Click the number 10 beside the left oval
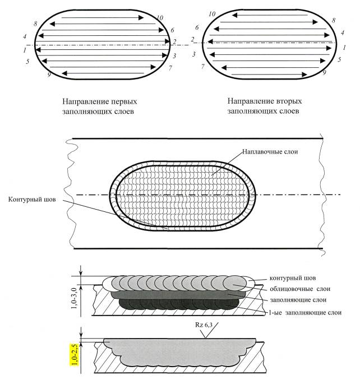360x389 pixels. pos(160,18)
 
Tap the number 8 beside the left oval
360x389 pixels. pos(35,24)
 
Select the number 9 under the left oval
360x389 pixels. pos(49,75)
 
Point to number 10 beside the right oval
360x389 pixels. pos(211,13)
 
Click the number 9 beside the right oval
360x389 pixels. pos(324,72)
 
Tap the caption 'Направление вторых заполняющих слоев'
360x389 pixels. pos(265,106)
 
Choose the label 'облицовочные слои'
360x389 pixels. pos(298,289)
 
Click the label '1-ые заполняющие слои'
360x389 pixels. pos(302,312)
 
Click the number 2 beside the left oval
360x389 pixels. pos(174,42)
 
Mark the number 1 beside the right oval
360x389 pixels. pos(344,49)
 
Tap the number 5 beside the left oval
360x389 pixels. pos(27,61)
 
